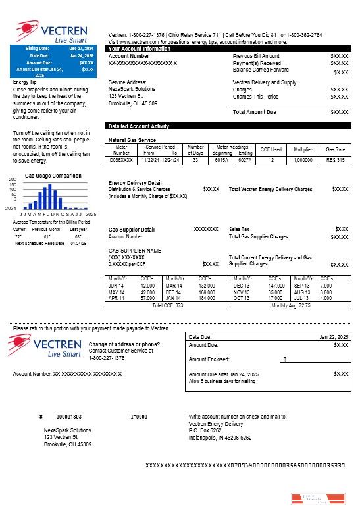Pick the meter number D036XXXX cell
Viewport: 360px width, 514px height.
click(121, 160)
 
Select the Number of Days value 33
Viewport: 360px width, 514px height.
click(195, 160)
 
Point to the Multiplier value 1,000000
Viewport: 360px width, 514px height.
click(303, 160)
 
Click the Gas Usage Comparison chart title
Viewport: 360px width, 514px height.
click(53, 176)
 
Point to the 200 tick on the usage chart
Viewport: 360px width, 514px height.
click(13, 180)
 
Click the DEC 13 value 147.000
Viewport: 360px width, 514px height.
click(276, 286)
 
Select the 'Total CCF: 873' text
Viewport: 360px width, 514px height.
click(167, 305)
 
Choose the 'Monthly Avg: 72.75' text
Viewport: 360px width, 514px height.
click(291, 305)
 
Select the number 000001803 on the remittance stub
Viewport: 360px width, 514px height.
click(68, 417)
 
